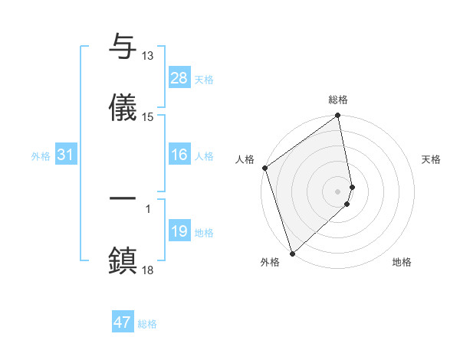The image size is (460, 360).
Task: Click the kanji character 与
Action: (x=123, y=47)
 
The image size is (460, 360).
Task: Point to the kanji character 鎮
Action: (x=123, y=260)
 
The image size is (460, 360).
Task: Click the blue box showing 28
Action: (x=179, y=78)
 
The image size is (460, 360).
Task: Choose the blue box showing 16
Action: (x=179, y=155)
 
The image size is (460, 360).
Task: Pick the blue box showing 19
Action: (x=179, y=231)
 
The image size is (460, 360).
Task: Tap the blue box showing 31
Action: (x=65, y=155)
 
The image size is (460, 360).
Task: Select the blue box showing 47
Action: (x=123, y=322)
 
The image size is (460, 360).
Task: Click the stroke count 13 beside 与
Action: (x=148, y=56)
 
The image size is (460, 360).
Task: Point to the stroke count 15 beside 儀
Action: (x=148, y=117)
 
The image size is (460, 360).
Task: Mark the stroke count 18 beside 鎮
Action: (x=148, y=270)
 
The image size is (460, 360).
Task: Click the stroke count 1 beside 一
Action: (x=148, y=208)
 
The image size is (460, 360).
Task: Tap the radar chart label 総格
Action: (x=338, y=100)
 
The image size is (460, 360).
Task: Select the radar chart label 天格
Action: (x=432, y=159)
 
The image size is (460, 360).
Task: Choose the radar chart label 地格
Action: (x=402, y=263)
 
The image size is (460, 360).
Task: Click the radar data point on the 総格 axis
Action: (x=338, y=116)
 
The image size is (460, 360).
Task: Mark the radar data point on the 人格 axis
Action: (x=264, y=168)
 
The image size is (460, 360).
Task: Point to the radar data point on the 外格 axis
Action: (x=292, y=253)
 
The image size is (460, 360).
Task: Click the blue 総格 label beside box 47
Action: (x=147, y=324)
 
